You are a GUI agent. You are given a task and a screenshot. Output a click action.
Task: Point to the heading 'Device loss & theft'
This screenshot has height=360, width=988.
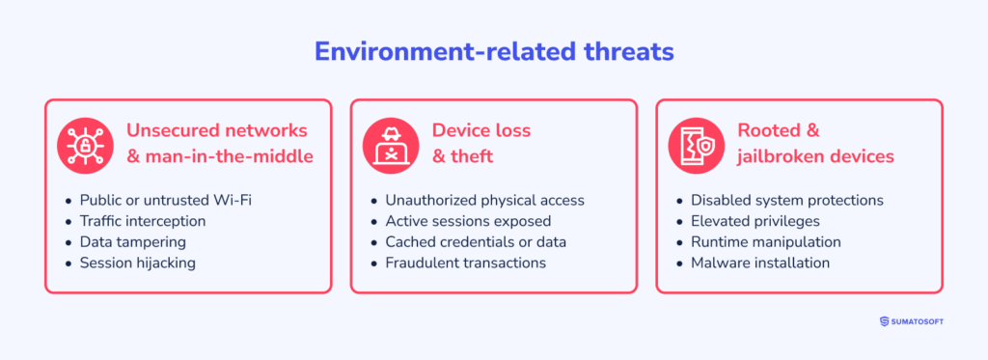tap(481, 142)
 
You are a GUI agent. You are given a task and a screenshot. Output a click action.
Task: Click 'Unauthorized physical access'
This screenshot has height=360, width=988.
tap(484, 200)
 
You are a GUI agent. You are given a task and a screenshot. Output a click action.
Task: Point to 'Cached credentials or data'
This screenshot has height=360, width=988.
tap(476, 241)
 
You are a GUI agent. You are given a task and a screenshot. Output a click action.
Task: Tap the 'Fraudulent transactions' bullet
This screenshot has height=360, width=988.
tap(465, 263)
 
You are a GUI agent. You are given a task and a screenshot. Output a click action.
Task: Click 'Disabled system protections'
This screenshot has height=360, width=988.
tap(786, 200)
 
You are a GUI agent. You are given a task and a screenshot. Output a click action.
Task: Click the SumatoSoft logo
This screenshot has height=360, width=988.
tap(912, 321)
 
